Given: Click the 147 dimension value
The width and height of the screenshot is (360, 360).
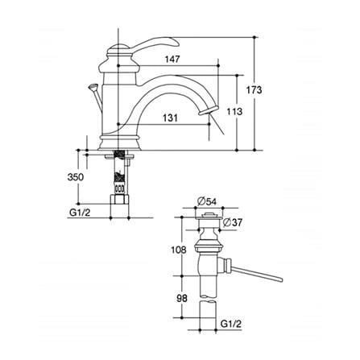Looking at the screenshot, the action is tap(172, 59).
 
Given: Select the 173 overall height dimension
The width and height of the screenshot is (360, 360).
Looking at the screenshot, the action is tap(254, 89).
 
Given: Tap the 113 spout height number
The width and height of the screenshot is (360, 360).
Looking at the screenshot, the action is tap(234, 111).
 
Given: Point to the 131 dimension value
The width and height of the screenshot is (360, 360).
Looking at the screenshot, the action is tap(170, 118).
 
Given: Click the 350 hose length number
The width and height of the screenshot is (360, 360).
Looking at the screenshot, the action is tap(76, 177).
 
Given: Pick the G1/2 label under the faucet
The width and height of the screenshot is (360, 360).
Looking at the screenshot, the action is tap(80, 213).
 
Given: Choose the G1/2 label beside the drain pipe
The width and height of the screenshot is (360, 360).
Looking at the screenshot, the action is tap(231, 324).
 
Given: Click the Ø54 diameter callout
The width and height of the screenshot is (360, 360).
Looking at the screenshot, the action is tap(206, 201).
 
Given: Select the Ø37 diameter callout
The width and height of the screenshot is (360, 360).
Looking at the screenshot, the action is tap(233, 222).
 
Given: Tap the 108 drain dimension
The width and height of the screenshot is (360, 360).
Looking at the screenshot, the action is tap(179, 250).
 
